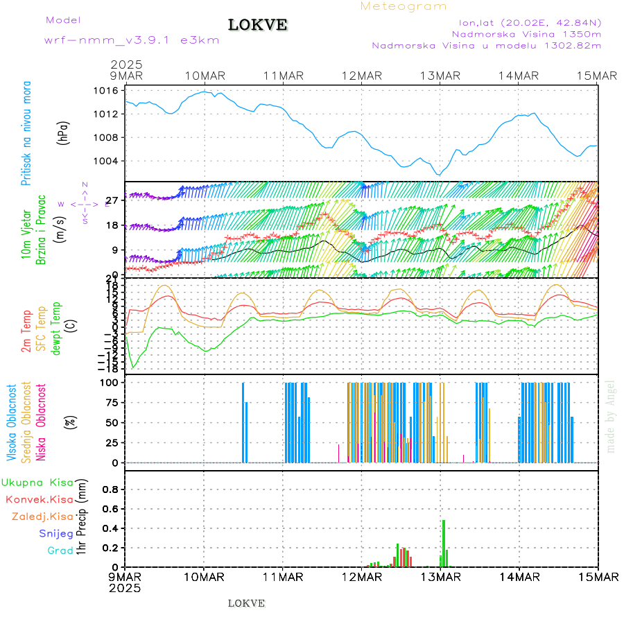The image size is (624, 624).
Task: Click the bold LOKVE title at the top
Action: coord(258,26)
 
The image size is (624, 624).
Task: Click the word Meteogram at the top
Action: coord(404,6)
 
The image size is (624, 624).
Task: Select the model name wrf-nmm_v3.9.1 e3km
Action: coord(132,40)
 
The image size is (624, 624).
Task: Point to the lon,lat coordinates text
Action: coord(525,22)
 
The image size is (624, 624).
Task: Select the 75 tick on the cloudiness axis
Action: coord(108,402)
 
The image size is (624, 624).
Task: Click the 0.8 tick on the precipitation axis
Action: coord(110,489)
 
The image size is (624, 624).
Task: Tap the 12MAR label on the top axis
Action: coord(361,76)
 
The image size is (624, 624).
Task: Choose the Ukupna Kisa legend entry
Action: coord(37,483)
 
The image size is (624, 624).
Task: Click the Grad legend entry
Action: coord(60,551)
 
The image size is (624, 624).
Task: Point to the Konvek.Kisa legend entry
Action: coord(40,499)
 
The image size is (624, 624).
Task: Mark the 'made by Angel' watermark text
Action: coord(611,416)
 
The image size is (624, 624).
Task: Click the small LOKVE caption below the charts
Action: coord(246,603)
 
